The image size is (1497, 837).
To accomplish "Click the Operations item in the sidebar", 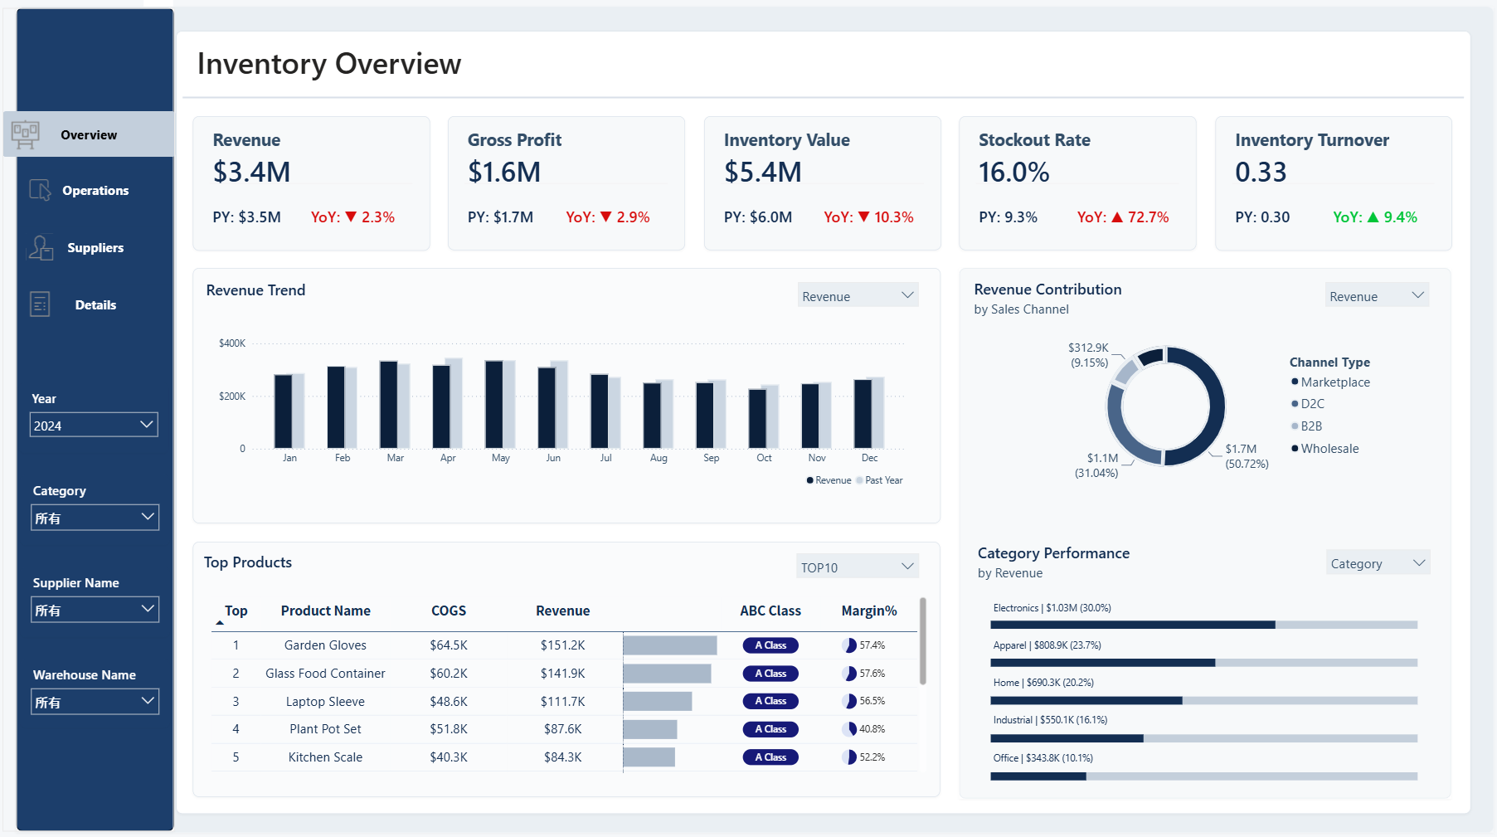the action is coord(95,191).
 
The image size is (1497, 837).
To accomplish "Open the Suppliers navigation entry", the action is coord(95,248).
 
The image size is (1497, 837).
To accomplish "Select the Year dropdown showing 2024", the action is coord(94,425).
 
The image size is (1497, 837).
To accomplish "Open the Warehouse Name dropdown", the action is coord(95,702).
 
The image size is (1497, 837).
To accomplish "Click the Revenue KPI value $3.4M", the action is coord(251,172).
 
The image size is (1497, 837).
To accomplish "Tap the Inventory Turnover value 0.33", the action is coord(1261,172).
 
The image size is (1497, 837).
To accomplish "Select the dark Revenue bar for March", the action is coord(389,405).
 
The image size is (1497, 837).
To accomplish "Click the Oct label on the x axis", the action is coord(764,458).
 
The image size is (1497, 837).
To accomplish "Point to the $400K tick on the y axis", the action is coord(232,343).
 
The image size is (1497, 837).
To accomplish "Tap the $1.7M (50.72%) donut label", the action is coord(1247,456).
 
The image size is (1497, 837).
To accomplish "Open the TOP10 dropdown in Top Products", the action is coord(858,567).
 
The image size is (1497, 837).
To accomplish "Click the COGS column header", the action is coord(449,611).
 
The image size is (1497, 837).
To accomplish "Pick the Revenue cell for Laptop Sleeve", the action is coord(563,702).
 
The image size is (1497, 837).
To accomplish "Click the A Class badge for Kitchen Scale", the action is coord(770,757).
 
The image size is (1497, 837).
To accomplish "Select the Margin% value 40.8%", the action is coord(872,729).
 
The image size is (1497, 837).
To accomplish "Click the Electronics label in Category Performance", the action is coord(1015,608).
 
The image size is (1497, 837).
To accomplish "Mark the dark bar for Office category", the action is coord(1038,776).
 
